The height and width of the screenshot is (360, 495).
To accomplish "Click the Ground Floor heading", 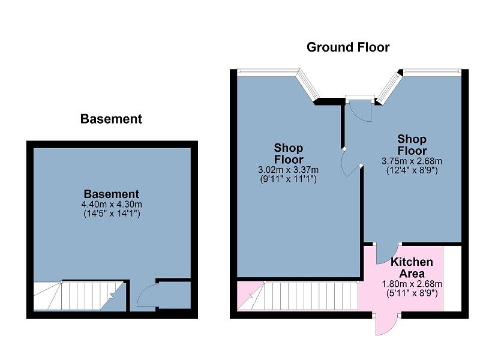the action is (348, 47).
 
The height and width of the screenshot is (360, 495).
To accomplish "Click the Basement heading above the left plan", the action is (111, 119).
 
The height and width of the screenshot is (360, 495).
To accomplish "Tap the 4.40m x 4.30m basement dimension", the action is (112, 205).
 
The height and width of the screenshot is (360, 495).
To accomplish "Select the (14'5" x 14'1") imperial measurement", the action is (112, 214).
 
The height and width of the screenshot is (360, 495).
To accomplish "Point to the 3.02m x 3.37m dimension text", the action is (288, 170).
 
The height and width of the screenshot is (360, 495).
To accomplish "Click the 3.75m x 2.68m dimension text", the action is (412, 161).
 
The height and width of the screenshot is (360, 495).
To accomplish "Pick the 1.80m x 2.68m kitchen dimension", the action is (412, 284).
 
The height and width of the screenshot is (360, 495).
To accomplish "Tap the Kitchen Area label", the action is (412, 268).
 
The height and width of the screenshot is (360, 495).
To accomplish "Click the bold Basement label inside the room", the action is (112, 194).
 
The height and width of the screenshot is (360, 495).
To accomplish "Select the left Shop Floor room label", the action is (289, 154).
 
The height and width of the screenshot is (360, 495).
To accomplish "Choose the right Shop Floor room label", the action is (412, 145).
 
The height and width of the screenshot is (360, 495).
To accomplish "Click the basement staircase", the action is (79, 296).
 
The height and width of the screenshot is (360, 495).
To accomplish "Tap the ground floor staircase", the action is (298, 296).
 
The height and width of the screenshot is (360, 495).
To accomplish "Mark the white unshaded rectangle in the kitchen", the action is (452, 278).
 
